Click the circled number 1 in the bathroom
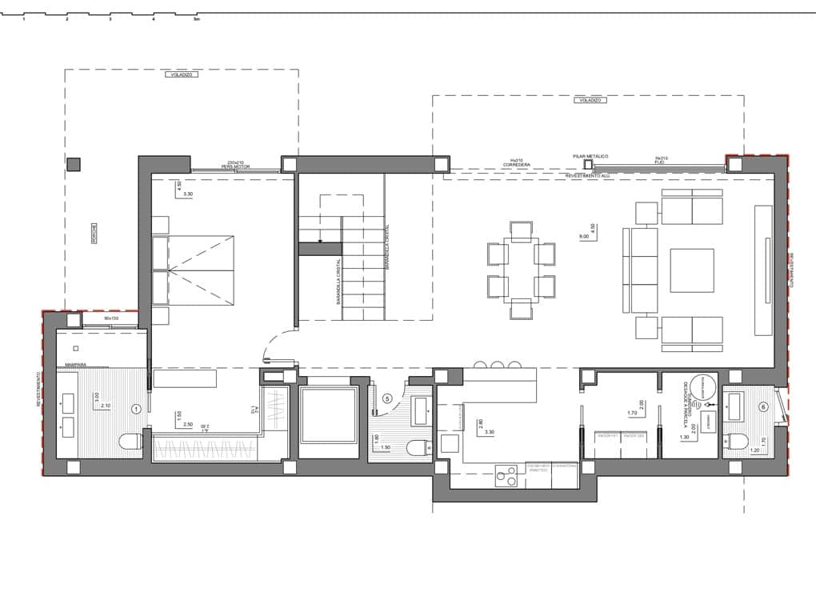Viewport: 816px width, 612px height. click(136, 409)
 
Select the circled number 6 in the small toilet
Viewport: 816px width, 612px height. click(763, 407)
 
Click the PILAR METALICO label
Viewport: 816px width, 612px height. click(590, 156)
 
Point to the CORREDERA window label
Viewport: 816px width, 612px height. click(517, 165)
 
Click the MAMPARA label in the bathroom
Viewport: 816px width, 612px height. click(76, 365)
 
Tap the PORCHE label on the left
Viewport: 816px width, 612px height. click(94, 233)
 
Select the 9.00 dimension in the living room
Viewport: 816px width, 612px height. click(583, 237)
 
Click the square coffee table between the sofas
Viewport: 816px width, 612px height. click(691, 270)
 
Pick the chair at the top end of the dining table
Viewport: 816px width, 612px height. click(521, 230)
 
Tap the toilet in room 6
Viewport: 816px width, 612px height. click(736, 441)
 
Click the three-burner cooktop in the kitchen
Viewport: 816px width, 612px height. click(506, 476)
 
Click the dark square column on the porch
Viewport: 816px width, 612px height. click(74, 165)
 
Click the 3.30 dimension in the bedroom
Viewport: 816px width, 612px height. click(188, 194)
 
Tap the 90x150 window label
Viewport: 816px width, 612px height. click(111, 318)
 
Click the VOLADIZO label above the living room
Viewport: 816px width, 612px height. click(590, 101)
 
